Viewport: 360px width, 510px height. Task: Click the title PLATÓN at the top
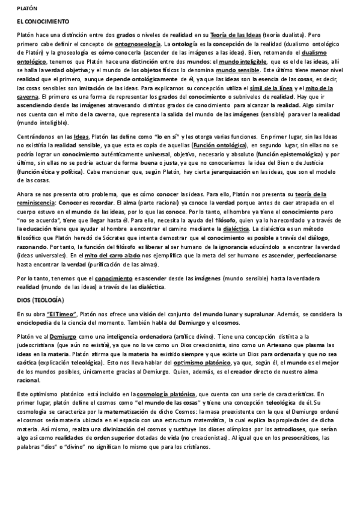tap(26, 9)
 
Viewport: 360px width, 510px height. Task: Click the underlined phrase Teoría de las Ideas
tap(236, 35)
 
